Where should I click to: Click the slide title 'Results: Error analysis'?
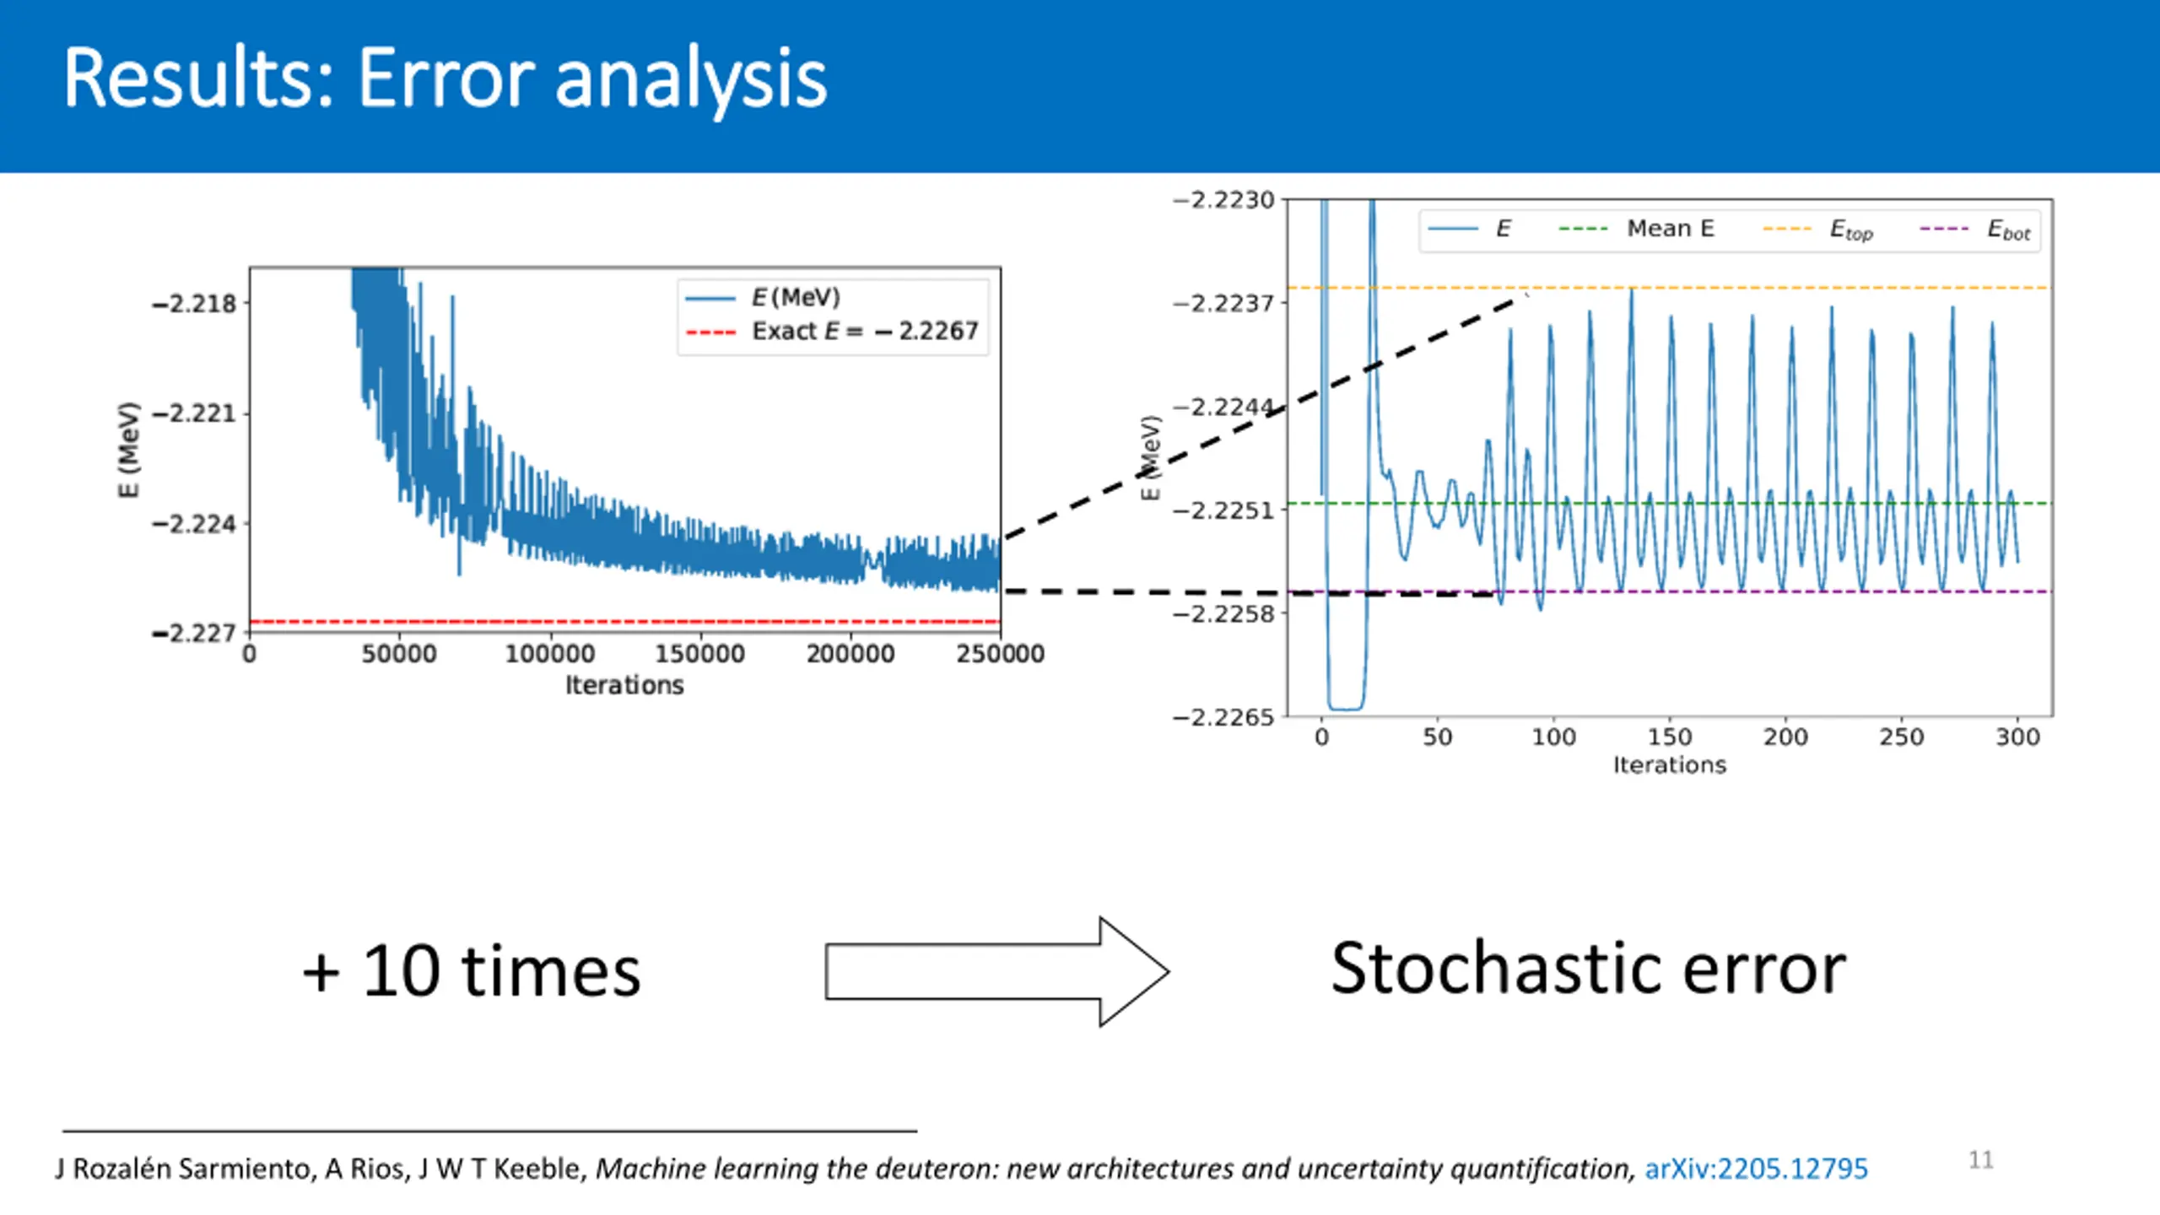(445, 80)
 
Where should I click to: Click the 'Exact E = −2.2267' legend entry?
(832, 331)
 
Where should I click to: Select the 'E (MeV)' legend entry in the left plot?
(763, 297)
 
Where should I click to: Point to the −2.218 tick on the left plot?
(195, 304)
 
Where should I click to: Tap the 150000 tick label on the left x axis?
(700, 654)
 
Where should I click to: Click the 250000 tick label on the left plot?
(1001, 654)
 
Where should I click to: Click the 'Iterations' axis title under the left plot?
(624, 685)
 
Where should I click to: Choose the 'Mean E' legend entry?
(1637, 229)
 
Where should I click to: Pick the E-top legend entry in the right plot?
(1818, 229)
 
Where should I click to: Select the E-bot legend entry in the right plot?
(1975, 229)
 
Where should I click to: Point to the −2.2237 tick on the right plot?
(1223, 303)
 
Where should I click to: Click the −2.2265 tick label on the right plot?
(1223, 717)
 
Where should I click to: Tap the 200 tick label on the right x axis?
(1785, 737)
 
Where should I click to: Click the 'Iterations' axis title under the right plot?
(1670, 765)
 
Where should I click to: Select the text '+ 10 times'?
(472, 972)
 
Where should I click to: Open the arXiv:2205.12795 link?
(1757, 1169)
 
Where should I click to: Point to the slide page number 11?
(1981, 1160)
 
